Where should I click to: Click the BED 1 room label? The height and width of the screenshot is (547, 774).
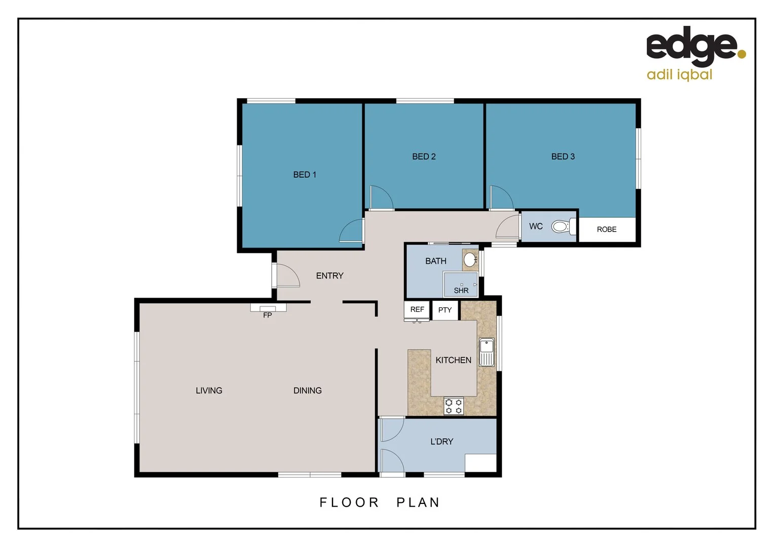click(x=305, y=175)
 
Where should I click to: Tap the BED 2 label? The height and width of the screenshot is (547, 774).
click(x=424, y=157)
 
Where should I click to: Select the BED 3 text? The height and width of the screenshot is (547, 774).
click(x=563, y=157)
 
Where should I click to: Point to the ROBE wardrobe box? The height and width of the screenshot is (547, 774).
click(x=607, y=229)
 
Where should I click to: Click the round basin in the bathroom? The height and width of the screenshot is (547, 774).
click(x=470, y=260)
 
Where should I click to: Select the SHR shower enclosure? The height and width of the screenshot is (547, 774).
click(x=461, y=285)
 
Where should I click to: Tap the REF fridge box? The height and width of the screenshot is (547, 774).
click(x=417, y=309)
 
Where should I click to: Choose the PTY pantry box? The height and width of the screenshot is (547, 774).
click(x=445, y=310)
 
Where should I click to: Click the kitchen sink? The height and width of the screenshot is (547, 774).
click(x=487, y=351)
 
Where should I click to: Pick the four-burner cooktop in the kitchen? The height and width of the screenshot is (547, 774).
click(x=454, y=406)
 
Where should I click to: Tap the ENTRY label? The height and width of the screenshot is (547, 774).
click(x=329, y=276)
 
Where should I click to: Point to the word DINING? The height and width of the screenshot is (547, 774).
click(x=307, y=390)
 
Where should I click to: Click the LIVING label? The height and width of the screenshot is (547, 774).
click(x=209, y=390)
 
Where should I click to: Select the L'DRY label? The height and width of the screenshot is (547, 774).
click(x=441, y=442)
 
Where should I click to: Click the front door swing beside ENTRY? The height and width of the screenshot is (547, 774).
click(x=286, y=276)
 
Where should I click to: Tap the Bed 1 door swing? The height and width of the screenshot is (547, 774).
click(x=352, y=232)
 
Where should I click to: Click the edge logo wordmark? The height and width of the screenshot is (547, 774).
click(x=692, y=46)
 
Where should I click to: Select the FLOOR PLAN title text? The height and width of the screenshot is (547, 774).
click(x=380, y=502)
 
